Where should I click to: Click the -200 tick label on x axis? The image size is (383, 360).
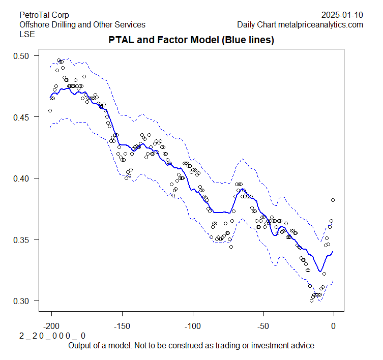point(51,325)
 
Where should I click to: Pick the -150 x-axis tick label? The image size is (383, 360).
point(122,325)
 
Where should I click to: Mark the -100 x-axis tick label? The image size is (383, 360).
point(193,325)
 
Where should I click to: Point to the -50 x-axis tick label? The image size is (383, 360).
point(263,325)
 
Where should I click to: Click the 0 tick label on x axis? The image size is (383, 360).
point(334,325)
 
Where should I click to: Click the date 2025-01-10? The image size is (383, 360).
point(342,15)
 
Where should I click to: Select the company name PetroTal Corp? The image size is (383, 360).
point(44,15)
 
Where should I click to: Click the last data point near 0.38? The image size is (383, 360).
point(333,200)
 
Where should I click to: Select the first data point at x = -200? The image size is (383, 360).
point(50,110)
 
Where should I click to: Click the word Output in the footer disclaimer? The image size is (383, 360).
point(79,346)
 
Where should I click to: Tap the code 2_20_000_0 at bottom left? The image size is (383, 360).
point(52,336)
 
